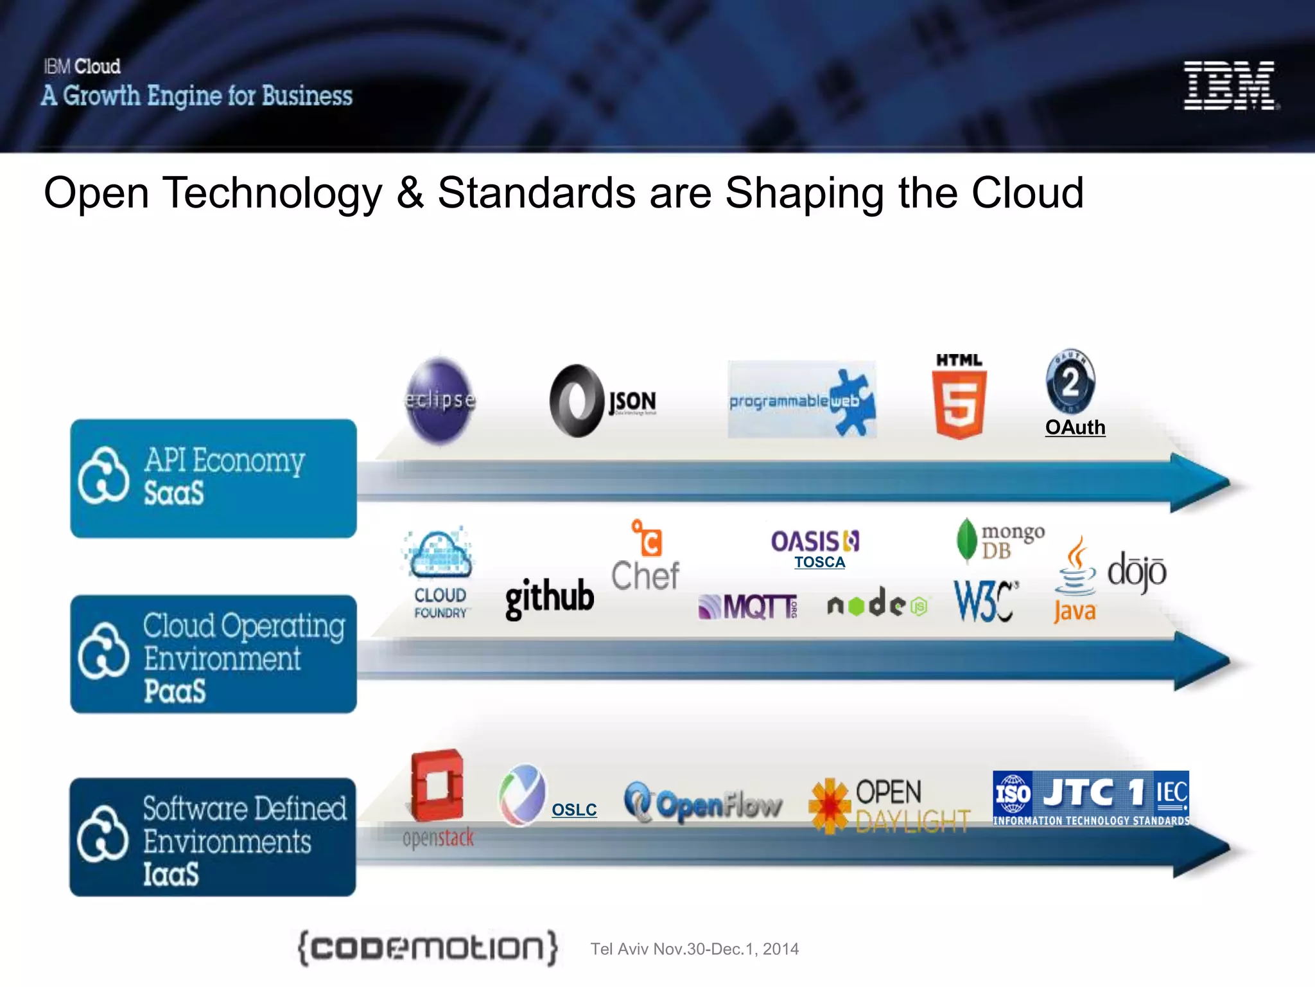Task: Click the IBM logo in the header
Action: click(x=1230, y=85)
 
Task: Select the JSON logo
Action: click(x=602, y=402)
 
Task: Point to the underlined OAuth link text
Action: click(x=1075, y=427)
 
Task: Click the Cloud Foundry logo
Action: click(x=440, y=572)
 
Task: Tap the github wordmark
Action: click(x=550, y=598)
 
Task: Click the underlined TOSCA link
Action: click(x=819, y=562)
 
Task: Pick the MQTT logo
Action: click(x=747, y=607)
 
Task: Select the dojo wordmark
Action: click(x=1136, y=571)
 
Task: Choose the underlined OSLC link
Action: click(x=574, y=810)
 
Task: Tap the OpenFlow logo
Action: click(x=703, y=803)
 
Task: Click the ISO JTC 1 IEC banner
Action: click(x=1090, y=799)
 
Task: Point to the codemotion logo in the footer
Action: click(x=428, y=948)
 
